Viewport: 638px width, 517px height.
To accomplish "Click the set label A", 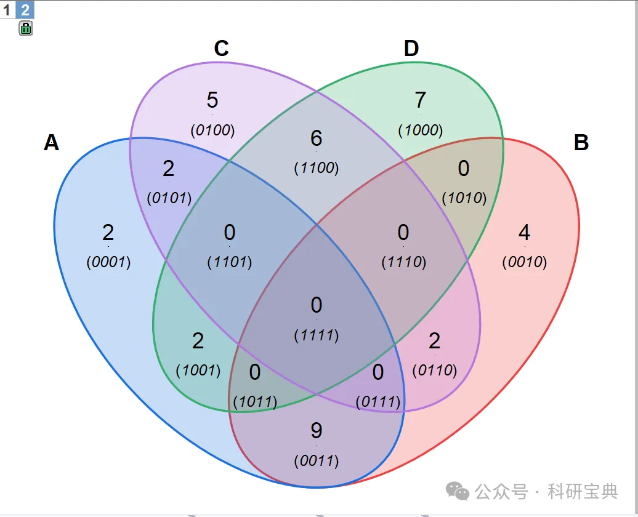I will [x=52, y=143].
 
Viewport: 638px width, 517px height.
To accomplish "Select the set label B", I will [x=581, y=143].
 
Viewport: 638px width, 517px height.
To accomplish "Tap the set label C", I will [x=222, y=49].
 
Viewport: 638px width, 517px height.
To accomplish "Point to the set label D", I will [x=411, y=49].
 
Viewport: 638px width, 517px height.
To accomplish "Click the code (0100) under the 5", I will [x=212, y=130].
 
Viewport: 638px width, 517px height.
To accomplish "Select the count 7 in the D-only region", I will [x=421, y=100].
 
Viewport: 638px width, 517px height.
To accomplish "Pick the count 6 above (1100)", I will [x=317, y=138].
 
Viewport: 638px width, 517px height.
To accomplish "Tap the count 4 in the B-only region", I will [x=524, y=233].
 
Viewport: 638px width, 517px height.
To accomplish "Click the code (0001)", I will [x=108, y=262].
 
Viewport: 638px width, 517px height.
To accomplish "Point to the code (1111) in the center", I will [x=317, y=335].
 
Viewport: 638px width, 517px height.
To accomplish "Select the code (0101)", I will [x=169, y=198].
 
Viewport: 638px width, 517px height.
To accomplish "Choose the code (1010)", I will [x=464, y=198].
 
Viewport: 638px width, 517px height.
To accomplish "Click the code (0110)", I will [x=435, y=371].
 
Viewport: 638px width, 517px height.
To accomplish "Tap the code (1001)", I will [x=198, y=371].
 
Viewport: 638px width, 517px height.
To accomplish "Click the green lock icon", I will [x=26, y=28].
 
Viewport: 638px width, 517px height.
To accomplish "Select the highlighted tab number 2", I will [x=25, y=10].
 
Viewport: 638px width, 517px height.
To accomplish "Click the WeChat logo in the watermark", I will [x=458, y=491].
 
